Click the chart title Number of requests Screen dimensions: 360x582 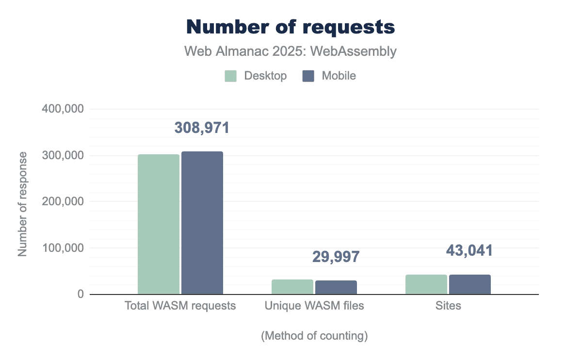point(291,27)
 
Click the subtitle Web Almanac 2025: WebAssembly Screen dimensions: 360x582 point(291,51)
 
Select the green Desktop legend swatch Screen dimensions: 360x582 point(230,76)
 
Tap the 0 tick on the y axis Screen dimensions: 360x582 point(80,294)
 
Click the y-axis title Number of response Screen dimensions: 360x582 point(22,204)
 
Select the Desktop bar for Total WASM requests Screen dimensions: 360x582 point(159,224)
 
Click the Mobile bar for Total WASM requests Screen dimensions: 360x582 point(202,223)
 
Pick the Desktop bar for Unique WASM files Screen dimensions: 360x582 point(292,287)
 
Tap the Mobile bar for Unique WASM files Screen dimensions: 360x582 point(336,287)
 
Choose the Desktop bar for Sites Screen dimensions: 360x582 point(426,284)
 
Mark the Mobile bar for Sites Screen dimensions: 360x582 point(470,284)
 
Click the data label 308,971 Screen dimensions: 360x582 point(202,128)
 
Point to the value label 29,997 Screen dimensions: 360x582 point(336,257)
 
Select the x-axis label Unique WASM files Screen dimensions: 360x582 point(314,306)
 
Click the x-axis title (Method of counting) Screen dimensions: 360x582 point(314,336)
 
